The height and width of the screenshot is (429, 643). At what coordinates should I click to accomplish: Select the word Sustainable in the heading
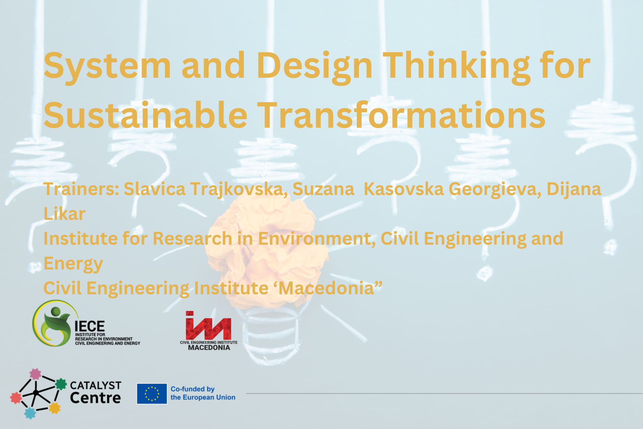coord(145,115)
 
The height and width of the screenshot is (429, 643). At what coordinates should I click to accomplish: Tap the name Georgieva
coord(495,189)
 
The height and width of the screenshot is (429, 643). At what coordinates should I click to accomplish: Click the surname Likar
coord(64,214)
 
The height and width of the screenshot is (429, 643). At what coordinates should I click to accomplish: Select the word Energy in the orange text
coord(73,263)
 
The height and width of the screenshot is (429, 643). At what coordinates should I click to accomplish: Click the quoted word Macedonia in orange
coord(326,288)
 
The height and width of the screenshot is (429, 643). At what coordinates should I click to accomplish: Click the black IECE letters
coord(90,326)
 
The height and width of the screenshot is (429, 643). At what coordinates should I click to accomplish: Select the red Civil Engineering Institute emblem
coord(208,326)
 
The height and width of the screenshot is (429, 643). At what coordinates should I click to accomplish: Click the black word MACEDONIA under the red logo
coord(209,348)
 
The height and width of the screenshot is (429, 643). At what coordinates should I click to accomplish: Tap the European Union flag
coord(152,393)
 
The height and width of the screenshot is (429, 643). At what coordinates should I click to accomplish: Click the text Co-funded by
coord(193,389)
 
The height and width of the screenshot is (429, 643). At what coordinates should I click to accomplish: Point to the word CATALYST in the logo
coord(95,385)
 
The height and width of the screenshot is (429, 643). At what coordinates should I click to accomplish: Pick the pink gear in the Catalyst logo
coord(35,374)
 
